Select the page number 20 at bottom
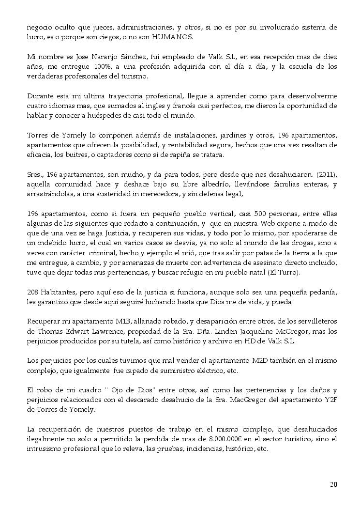tap(333, 484)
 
